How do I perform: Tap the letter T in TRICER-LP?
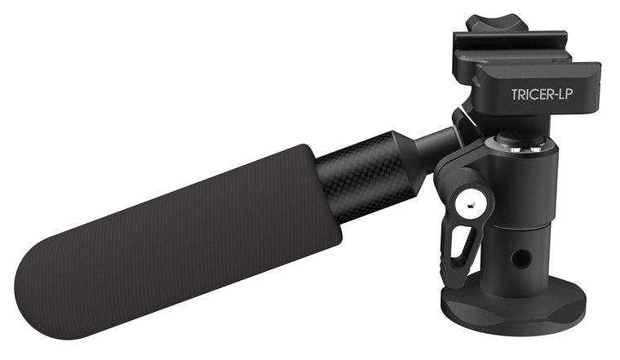pyautogui.click(x=515, y=95)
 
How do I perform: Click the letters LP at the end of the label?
pyautogui.click(x=573, y=95)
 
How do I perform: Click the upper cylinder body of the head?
pyautogui.click(x=522, y=184)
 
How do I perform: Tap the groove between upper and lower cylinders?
pyautogui.click(x=519, y=228)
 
